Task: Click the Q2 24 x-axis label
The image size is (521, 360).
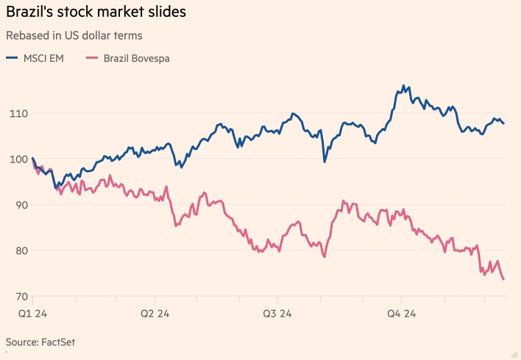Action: (x=155, y=314)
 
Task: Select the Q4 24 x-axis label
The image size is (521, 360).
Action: (x=402, y=314)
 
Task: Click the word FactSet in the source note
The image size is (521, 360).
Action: (x=60, y=342)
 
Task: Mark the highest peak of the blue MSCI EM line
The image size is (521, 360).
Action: (x=403, y=86)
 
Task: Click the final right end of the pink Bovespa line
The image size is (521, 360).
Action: (x=504, y=279)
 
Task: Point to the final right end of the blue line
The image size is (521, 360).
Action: (x=504, y=124)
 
